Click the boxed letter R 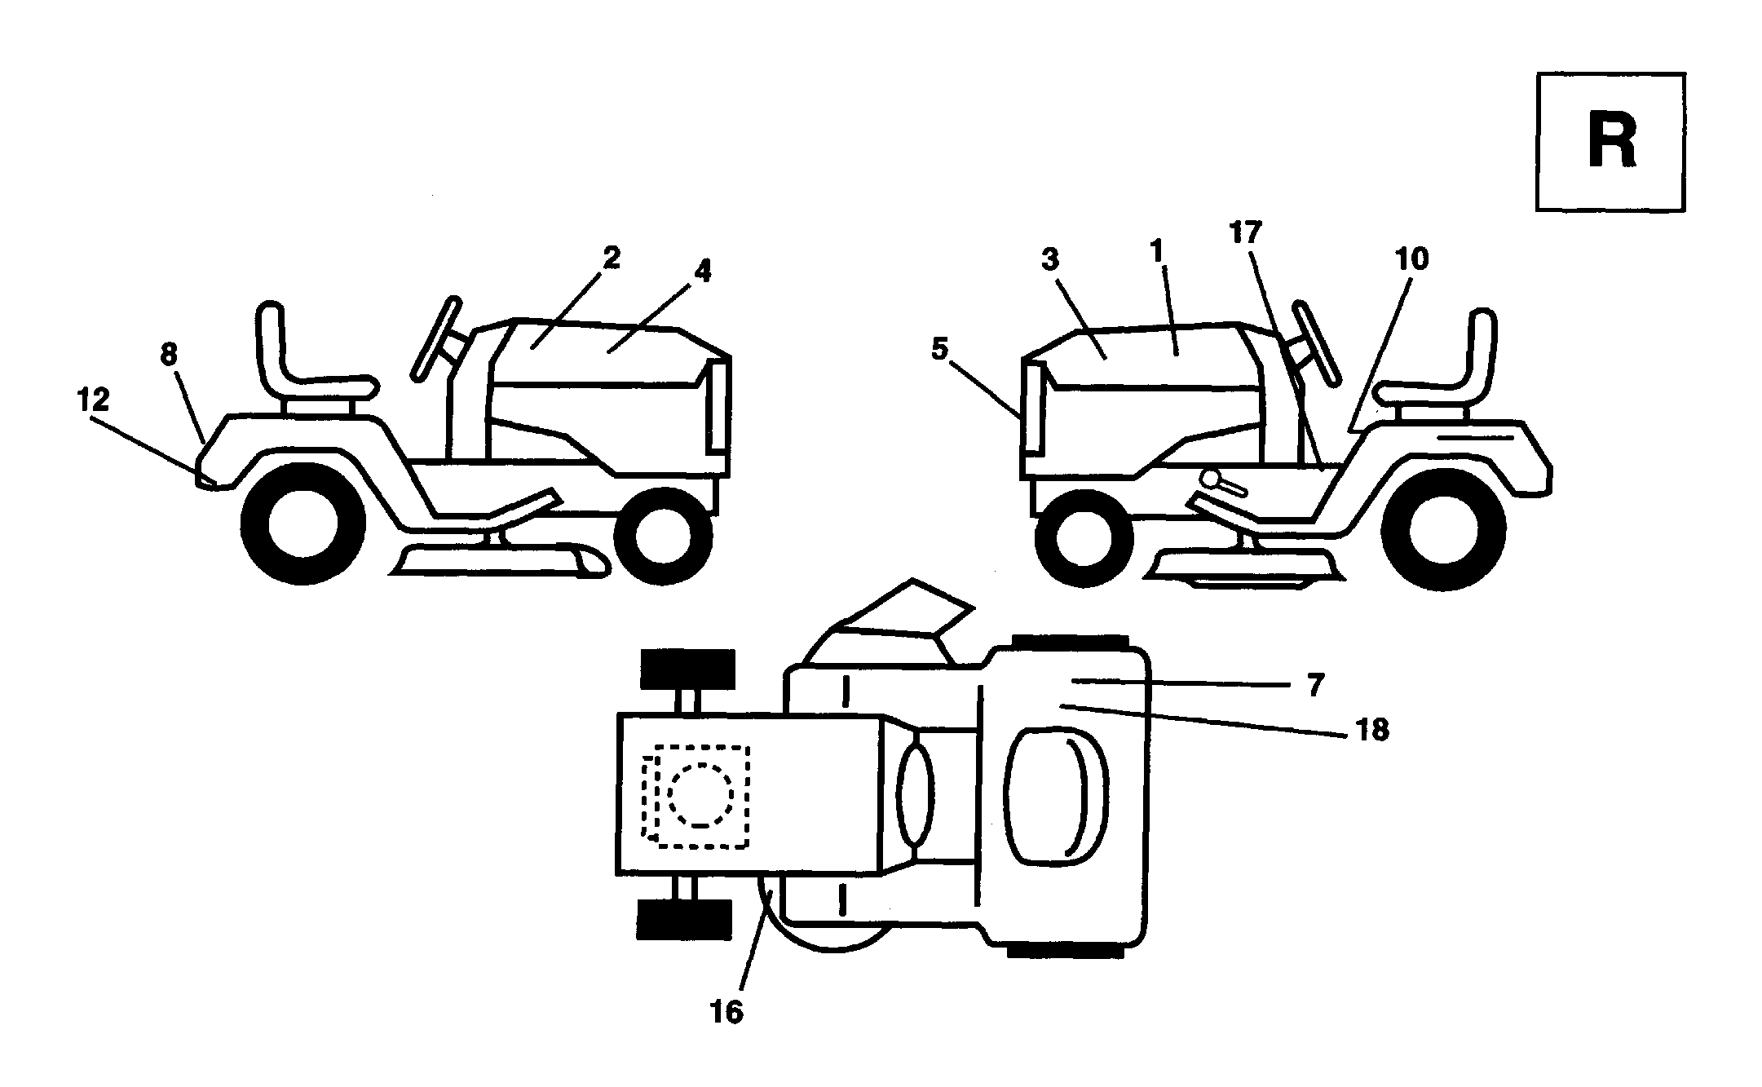[x=1611, y=143]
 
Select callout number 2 [x=612, y=258]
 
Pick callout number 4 [x=702, y=272]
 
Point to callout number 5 [x=939, y=350]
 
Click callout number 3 [x=1050, y=260]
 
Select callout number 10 [x=1411, y=259]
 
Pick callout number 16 [x=726, y=1013]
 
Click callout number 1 [x=1156, y=252]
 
